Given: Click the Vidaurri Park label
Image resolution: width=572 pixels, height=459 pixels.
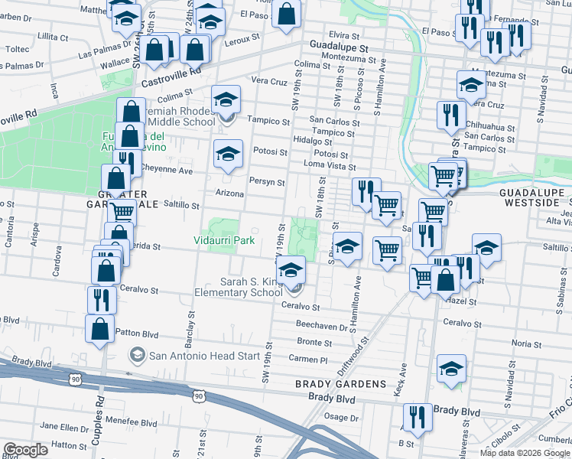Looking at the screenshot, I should pos(223,240).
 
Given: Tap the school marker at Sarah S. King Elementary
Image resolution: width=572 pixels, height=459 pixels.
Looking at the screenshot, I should pos(291,272).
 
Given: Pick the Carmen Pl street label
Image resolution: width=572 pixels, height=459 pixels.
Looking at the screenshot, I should pos(308,359).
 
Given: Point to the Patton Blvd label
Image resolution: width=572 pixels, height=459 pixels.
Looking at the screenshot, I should pos(138,334).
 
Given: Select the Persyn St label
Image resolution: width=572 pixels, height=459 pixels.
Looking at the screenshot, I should pos(267,183).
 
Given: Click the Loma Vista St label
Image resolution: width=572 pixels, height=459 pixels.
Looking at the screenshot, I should pos(330,166).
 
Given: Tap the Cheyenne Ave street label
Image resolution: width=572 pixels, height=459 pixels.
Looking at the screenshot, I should pos(167,171).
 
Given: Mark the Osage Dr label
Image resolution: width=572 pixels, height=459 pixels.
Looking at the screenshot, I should pos(336,416).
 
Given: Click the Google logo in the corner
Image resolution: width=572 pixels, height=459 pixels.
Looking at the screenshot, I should pos(26,450).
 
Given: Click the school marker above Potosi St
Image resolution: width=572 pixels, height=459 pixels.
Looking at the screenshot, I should pos(228,154).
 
